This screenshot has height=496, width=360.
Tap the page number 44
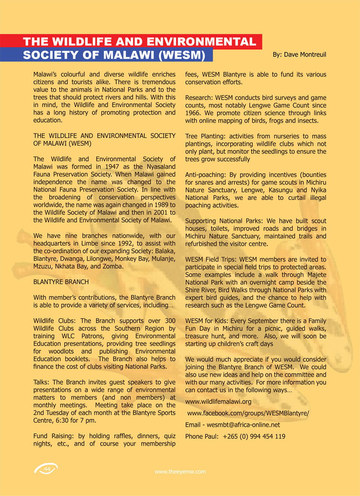tap(47, 469)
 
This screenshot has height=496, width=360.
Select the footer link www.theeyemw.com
tap(180, 472)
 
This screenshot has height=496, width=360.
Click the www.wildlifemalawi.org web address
tap(218, 401)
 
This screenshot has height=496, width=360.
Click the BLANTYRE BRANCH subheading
tap(61, 282)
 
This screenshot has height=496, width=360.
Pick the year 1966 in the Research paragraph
tap(192, 113)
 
